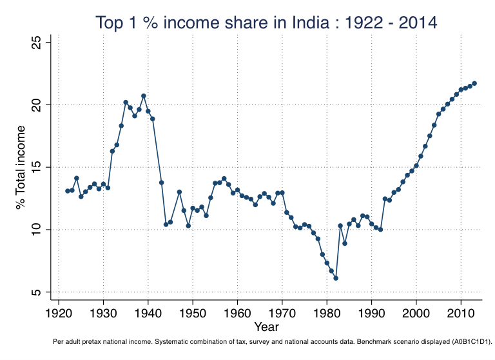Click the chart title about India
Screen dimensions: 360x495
tap(266, 23)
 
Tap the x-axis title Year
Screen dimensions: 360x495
tap(266, 327)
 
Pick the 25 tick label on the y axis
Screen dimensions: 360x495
tap(37, 43)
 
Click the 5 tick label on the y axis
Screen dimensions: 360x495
tap(37, 292)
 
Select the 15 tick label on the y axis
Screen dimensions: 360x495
tap(37, 167)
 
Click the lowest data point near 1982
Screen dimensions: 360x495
tap(336, 278)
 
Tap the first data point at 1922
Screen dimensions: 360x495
tap(68, 191)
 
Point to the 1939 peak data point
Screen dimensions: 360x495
tap(144, 96)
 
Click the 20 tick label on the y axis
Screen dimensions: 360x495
tap(37, 105)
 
